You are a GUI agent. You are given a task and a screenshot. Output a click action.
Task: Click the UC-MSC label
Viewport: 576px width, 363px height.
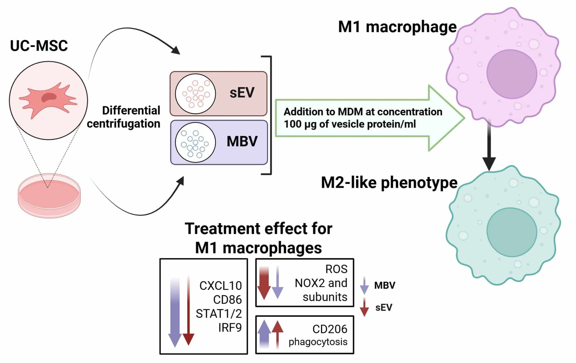pos(39,46)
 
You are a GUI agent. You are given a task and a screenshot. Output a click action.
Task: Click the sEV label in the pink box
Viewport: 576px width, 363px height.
pos(242,93)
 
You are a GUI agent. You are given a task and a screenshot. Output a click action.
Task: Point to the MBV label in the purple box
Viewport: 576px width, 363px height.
pos(242,141)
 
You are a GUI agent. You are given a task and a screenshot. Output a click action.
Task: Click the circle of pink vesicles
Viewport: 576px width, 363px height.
pos(195,94)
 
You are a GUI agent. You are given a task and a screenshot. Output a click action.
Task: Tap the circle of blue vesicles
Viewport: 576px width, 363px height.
pos(195,142)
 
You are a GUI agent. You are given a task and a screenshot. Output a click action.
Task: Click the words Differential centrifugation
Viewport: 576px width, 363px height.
pos(124,117)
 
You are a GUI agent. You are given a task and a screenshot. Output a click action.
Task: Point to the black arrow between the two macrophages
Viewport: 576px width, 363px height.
pos(489,145)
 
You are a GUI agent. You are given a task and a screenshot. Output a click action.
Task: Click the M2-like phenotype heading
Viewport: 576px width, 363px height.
pos(389,182)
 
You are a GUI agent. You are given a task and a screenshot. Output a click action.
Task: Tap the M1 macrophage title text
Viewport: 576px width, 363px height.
pos(397,27)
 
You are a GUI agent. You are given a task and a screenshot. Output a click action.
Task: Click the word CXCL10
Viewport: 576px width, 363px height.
pos(220,286)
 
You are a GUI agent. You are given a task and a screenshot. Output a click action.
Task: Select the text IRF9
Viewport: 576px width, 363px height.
pos(230,328)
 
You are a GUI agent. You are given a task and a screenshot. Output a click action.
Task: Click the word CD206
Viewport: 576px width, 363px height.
pos(330,329)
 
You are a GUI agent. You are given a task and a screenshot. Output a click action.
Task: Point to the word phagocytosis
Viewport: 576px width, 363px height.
pos(318,342)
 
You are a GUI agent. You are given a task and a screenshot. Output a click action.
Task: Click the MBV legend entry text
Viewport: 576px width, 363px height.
pos(385,285)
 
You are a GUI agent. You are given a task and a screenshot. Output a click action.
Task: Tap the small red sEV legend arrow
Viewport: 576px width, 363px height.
pos(364,307)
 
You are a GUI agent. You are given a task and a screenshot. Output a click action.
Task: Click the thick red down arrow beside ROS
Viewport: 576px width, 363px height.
pos(264,283)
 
